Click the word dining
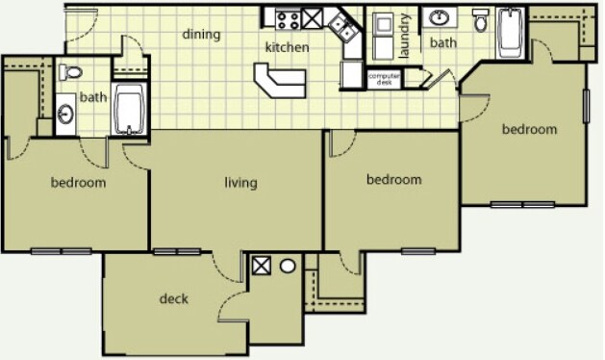(201, 35)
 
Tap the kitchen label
(287, 47)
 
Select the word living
(240, 183)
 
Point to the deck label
(174, 298)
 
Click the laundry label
(404, 36)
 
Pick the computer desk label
(384, 79)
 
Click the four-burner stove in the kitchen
(289, 19)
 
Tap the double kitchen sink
(343, 27)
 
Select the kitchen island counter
(280, 80)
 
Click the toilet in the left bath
(70, 72)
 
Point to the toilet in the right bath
(481, 20)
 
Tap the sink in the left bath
(65, 115)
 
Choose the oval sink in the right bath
(440, 17)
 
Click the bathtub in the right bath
(510, 33)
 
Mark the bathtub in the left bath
(129, 109)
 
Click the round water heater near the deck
(288, 266)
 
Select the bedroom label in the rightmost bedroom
(529, 129)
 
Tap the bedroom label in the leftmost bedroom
(78, 182)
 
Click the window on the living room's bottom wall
(177, 252)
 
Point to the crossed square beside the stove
(312, 18)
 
